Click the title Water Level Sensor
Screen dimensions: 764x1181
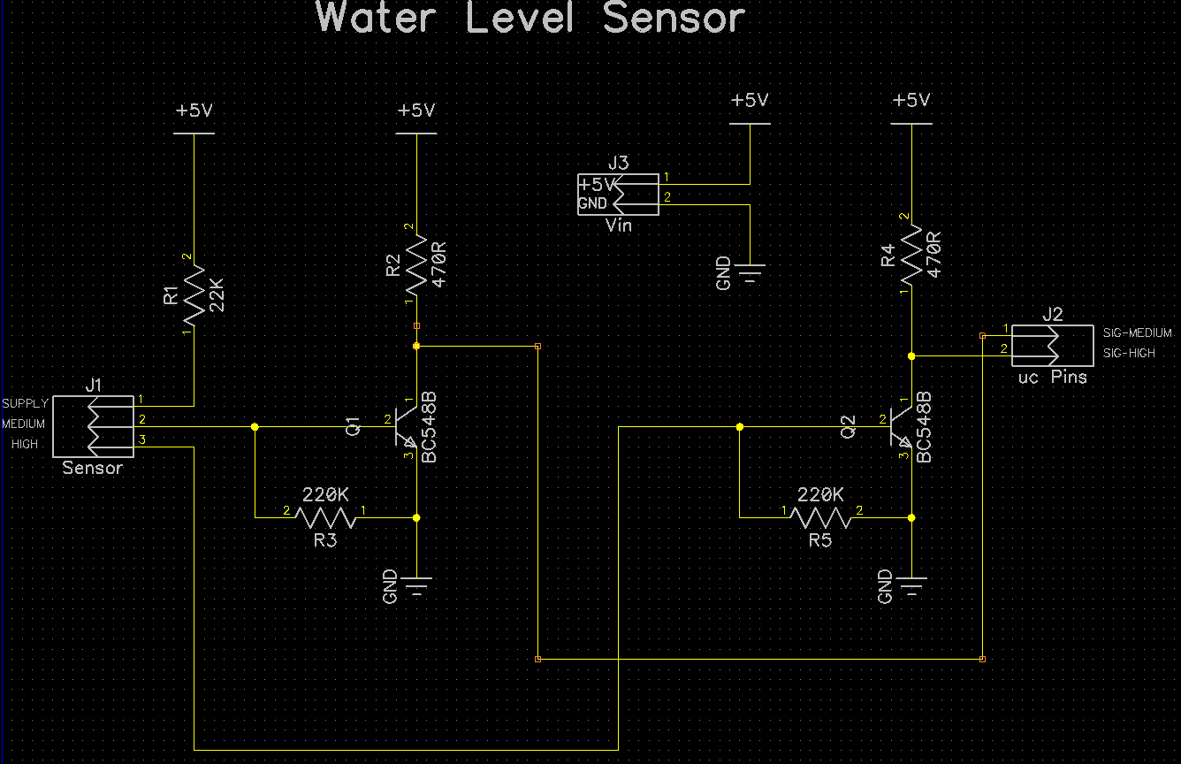point(530,18)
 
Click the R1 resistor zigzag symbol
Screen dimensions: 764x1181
point(194,294)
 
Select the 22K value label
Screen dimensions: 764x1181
point(216,294)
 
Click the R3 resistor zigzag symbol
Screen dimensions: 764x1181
point(326,517)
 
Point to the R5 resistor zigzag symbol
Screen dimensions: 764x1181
point(820,517)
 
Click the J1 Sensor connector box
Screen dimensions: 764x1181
point(93,427)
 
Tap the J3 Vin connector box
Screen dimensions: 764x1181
point(619,195)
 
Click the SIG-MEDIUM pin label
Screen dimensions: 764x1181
point(1137,333)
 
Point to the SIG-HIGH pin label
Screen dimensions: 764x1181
point(1129,353)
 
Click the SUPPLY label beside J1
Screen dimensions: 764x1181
point(25,403)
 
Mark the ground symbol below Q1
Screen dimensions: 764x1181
point(416,586)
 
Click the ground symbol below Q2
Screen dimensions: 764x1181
point(911,586)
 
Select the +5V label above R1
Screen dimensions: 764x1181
point(194,111)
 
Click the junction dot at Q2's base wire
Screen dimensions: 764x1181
point(740,427)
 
